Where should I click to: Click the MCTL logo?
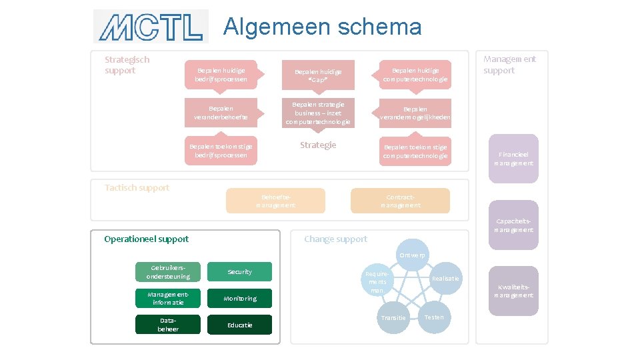coord(151,27)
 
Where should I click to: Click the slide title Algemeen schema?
coord(323,27)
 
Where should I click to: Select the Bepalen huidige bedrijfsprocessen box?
coord(221,75)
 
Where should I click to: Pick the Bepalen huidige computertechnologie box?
coord(415,75)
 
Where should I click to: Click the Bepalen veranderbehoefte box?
coord(221,112)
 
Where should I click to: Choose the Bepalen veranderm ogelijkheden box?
coord(415,113)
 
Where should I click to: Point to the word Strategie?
coord(318,145)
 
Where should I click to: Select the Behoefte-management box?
coord(275,201)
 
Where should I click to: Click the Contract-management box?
coord(400,201)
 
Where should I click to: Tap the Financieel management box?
coord(513,159)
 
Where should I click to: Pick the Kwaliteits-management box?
coord(513,291)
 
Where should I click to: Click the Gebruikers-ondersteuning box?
coord(168,272)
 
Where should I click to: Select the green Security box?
coord(239,272)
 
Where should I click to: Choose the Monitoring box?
coord(239,299)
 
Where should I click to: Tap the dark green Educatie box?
coord(239,325)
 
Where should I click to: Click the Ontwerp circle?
coord(413,255)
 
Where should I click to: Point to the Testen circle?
coord(434,317)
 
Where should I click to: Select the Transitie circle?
coord(393,317)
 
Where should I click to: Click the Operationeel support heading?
coord(147,239)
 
